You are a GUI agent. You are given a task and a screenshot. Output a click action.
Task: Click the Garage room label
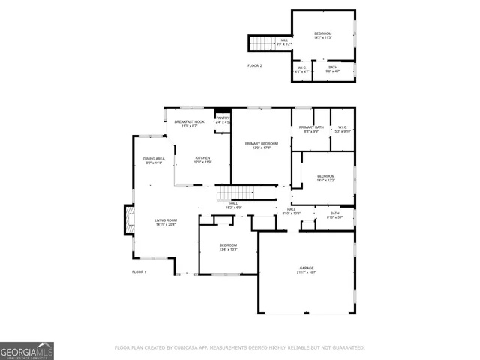pyautogui.click(x=306, y=267)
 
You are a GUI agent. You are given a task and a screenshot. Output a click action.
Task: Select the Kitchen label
pyautogui.click(x=203, y=157)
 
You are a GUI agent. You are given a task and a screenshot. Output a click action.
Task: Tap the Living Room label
pyautogui.click(x=166, y=220)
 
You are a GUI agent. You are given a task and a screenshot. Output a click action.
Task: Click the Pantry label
pyautogui.click(x=223, y=118)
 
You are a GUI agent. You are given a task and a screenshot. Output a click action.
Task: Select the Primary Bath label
pyautogui.click(x=310, y=127)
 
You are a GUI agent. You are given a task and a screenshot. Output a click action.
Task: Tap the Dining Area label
pyautogui.click(x=154, y=159)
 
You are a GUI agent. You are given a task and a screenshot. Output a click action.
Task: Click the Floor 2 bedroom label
pyautogui.click(x=322, y=34)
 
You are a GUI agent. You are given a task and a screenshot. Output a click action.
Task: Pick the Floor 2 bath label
pyautogui.click(x=333, y=67)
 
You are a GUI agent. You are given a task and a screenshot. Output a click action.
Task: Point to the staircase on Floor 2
pyautogui.click(x=259, y=43)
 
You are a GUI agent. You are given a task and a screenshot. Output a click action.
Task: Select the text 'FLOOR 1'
pyautogui.click(x=139, y=271)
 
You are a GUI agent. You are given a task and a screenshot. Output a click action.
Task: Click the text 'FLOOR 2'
pyautogui.click(x=255, y=65)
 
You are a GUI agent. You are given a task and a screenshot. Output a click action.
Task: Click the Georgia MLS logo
pyautogui.click(x=27, y=350)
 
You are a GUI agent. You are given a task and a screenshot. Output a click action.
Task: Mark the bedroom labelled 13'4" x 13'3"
pyautogui.click(x=228, y=247)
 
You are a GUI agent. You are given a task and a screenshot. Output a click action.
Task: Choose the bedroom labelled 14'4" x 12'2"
pyautogui.click(x=326, y=178)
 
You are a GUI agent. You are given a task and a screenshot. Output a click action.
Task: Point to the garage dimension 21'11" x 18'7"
pyautogui.click(x=306, y=272)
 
